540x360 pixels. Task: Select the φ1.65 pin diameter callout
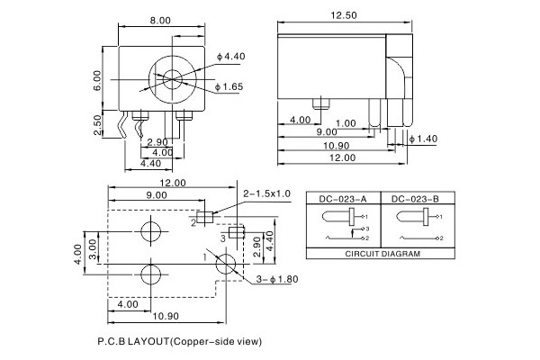coord(233,86)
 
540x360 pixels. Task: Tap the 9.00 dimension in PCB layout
coord(156,193)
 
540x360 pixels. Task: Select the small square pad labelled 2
coord(205,216)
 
